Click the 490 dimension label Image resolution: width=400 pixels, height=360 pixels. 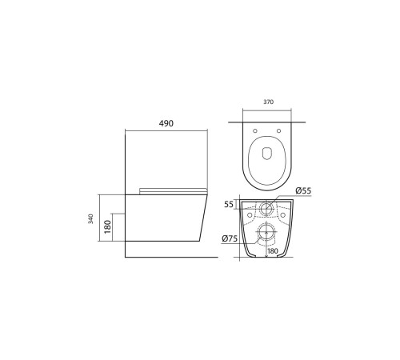[166, 123]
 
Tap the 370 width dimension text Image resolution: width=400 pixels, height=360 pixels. [269, 102]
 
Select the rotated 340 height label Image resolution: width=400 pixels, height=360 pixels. [91, 218]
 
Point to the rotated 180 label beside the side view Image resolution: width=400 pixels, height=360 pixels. [107, 226]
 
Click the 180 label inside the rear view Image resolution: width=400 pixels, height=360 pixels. [272, 251]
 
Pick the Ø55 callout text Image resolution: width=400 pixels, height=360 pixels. [303, 190]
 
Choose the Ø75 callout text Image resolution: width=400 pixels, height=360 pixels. [230, 238]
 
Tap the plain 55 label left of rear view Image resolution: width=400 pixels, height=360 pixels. [229, 204]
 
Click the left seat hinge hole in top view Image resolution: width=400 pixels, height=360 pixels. [255, 130]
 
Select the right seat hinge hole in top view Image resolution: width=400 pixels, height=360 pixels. [278, 130]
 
